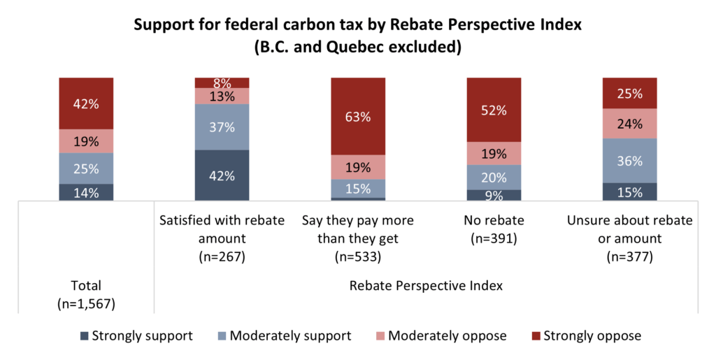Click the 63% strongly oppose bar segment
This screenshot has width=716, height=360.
coord(358,116)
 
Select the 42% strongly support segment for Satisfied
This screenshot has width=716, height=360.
coord(222,175)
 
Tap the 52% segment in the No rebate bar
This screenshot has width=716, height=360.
coord(494,110)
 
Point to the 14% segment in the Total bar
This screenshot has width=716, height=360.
coord(86,192)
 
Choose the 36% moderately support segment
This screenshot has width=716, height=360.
coord(630,161)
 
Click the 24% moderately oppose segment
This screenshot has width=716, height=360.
coord(630,124)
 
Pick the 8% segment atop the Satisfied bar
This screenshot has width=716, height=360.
coord(222,82)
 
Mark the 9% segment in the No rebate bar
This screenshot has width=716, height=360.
coord(494,196)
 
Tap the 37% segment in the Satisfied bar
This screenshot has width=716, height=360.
coord(222,127)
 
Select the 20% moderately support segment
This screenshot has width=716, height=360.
coord(494,178)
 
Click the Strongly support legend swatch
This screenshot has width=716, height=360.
coord(84,336)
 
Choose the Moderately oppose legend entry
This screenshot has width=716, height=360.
coord(443,336)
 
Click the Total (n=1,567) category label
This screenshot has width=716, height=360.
coord(86,294)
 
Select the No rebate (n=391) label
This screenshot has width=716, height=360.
coord(494,229)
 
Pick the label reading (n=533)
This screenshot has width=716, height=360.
coord(358,257)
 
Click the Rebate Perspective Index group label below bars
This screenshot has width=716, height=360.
coord(426,286)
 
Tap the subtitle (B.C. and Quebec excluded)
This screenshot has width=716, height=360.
coord(358,49)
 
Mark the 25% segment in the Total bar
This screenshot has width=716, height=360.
coord(86,168)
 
